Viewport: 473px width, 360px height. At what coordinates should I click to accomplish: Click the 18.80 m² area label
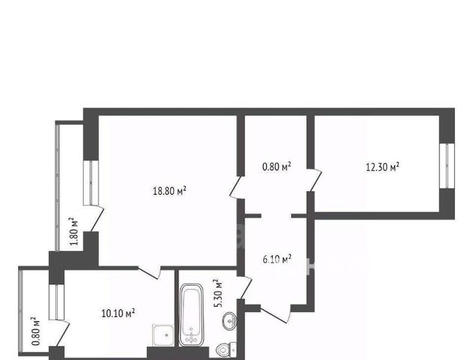point(169,190)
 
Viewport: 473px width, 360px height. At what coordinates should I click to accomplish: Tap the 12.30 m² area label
point(382,166)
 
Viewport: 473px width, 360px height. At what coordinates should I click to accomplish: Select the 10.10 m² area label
point(118,313)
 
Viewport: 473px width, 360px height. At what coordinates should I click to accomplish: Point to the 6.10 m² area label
point(277,259)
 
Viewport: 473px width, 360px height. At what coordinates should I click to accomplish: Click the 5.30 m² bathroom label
point(218,293)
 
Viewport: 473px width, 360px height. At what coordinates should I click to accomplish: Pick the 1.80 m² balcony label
point(74,231)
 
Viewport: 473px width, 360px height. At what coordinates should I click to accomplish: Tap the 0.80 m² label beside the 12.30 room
point(277,166)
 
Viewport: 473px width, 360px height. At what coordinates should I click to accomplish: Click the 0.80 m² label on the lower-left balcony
point(35,331)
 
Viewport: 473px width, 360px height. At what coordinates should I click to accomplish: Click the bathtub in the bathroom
point(191,315)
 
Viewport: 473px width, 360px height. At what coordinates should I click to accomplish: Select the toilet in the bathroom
point(226,349)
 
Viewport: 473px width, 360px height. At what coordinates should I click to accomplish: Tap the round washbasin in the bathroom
point(230,321)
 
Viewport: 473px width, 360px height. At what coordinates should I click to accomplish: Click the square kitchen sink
point(163,335)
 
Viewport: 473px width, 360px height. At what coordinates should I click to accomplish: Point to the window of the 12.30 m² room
point(447,166)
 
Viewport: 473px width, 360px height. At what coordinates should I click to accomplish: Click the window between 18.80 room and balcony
point(91,183)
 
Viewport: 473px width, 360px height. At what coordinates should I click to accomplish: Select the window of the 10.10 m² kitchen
point(56,302)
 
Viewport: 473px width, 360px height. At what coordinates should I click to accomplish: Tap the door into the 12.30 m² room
point(315,180)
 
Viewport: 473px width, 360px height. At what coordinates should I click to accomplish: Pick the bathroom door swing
point(244,287)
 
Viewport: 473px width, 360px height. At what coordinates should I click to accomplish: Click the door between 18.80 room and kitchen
point(150,272)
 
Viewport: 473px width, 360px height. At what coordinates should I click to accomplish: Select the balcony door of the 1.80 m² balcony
point(97,219)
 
